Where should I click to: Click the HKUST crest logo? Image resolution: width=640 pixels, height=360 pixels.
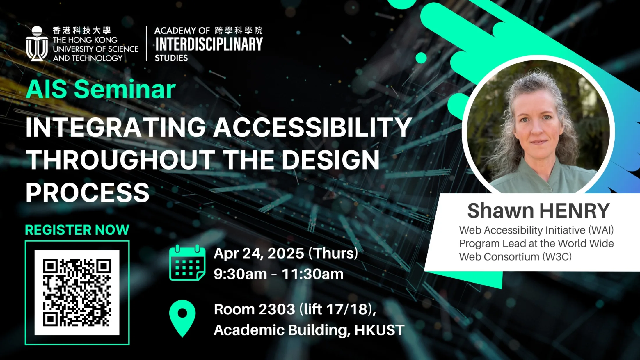tap(37, 44)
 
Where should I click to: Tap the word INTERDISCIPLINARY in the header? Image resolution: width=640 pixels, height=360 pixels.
tap(209, 44)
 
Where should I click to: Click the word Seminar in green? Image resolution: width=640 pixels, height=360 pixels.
tap(125, 89)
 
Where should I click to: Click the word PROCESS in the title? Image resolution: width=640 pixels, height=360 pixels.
tap(88, 193)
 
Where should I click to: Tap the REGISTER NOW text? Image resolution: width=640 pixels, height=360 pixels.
tap(77, 230)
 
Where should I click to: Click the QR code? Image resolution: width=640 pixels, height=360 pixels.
tap(77, 293)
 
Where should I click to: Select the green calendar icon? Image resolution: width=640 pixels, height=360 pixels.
tap(187, 263)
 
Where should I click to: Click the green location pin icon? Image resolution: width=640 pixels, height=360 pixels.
tap(182, 318)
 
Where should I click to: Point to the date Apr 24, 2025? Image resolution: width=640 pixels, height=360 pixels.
tap(259, 253)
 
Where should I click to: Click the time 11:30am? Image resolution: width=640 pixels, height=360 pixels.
tap(312, 274)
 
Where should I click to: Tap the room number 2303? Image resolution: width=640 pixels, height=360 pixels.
tap(277, 309)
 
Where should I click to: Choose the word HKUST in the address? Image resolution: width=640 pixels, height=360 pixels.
tap(379, 330)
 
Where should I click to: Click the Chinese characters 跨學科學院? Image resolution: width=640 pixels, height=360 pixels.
tap(239, 30)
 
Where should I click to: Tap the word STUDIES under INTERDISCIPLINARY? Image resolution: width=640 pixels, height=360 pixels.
tap(171, 58)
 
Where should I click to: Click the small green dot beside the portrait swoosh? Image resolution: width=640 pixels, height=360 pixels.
tap(421, 58)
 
